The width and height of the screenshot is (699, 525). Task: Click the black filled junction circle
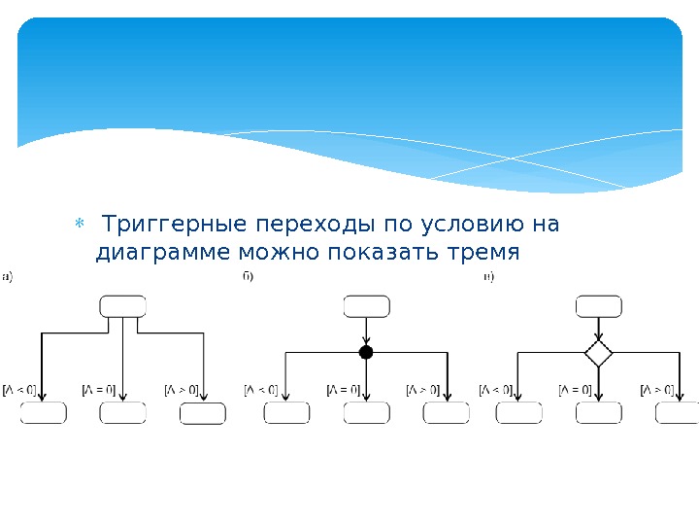[366, 352]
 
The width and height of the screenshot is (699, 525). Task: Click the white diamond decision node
[599, 352]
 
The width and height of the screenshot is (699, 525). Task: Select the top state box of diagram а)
[123, 306]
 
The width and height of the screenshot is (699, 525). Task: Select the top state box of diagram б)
[367, 306]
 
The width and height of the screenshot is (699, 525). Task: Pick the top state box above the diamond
[599, 306]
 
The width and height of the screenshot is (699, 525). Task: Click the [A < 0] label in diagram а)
[20, 391]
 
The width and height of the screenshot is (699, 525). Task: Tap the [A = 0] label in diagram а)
[99, 391]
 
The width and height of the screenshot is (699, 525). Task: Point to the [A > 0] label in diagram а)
[182, 391]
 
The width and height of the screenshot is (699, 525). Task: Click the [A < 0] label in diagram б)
[261, 391]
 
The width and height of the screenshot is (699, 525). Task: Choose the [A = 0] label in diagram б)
[343, 391]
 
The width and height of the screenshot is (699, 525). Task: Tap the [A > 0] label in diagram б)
[423, 391]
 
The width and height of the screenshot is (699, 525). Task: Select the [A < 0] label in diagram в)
[496, 391]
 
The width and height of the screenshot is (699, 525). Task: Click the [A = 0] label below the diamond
[576, 391]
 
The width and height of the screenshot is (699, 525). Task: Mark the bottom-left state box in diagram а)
[44, 413]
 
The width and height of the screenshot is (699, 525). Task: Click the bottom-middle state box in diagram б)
[367, 413]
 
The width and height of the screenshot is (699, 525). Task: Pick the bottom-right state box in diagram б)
[447, 413]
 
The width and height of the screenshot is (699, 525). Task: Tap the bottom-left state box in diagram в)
[519, 413]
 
